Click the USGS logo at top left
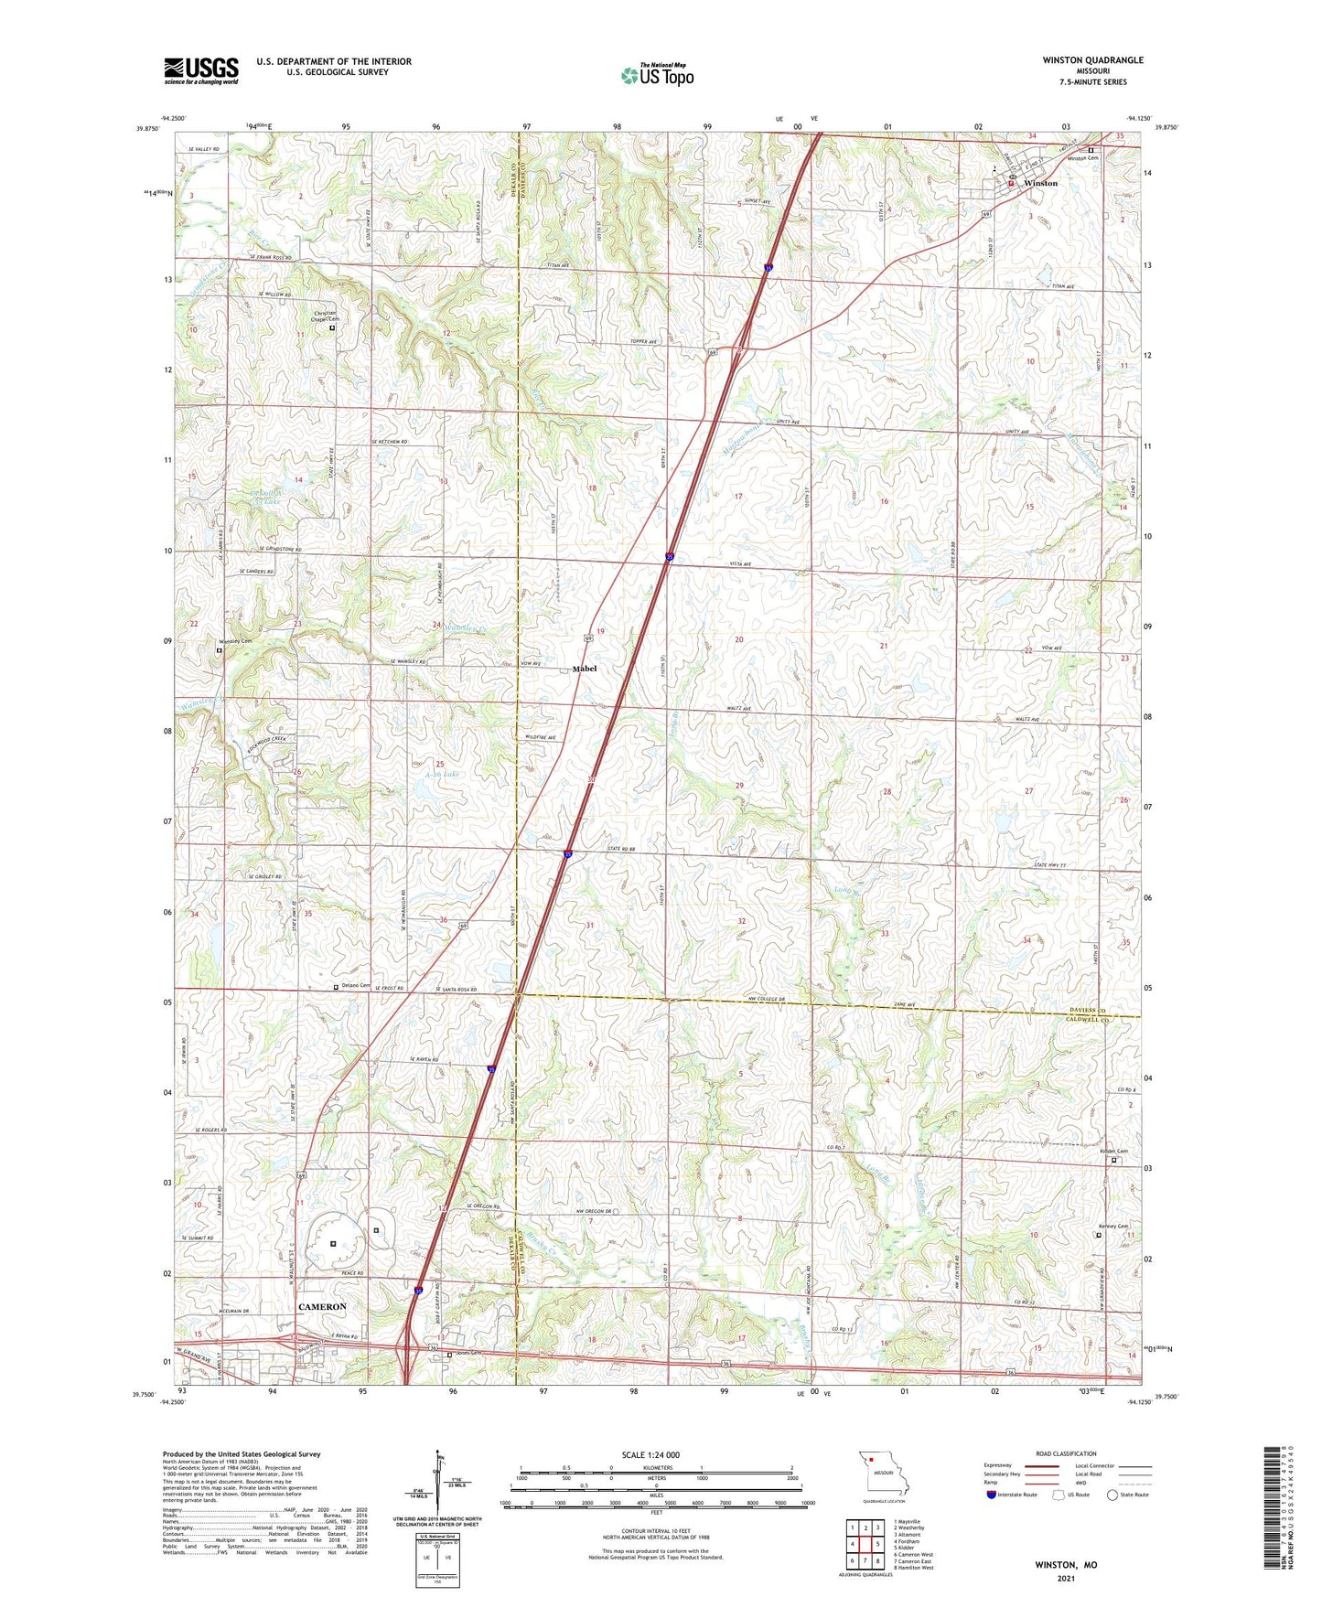pos(201,70)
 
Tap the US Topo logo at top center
pos(656,75)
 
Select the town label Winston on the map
pos(1040,183)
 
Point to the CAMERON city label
pos(322,1307)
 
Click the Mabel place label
pos(585,669)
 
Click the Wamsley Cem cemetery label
pos(234,641)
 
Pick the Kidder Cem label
pos(1113,1152)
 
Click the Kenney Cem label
pos(1113,1227)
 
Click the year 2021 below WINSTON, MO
pos(1066,1578)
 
